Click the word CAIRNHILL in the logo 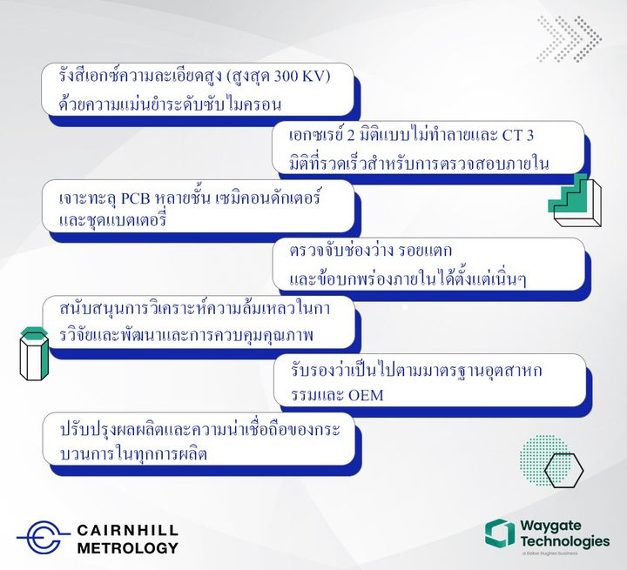click(x=127, y=531)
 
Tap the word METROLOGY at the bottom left click(x=127, y=547)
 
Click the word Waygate click(x=550, y=526)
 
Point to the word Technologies click(x=565, y=541)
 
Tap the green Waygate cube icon click(x=500, y=533)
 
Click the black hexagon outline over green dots click(x=563, y=471)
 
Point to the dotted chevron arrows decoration click(x=569, y=39)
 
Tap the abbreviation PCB click(x=135, y=198)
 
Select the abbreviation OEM click(x=366, y=395)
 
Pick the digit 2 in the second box click(x=351, y=135)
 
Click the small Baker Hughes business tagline click(x=549, y=553)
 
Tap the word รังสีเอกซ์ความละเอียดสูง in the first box click(x=140, y=76)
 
